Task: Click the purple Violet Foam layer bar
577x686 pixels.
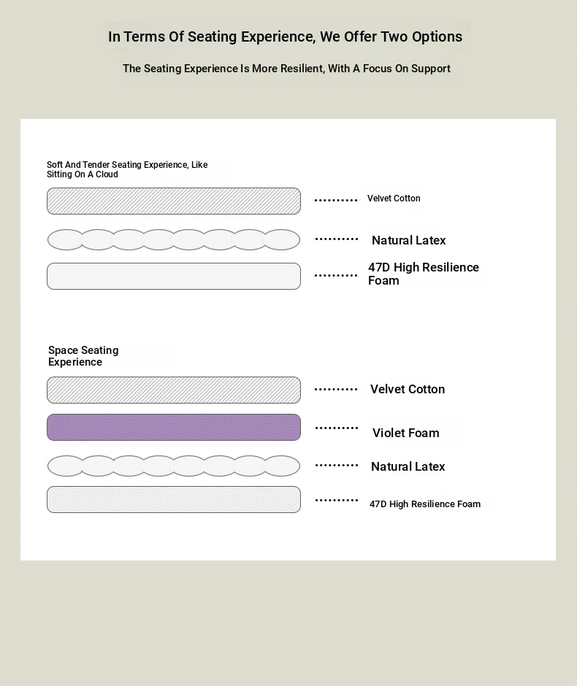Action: pos(174,427)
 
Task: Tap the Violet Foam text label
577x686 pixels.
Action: pos(406,433)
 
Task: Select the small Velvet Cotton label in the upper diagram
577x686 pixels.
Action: pos(394,199)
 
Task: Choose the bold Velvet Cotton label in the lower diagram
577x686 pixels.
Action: pos(408,389)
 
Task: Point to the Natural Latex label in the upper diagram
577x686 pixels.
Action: pos(408,240)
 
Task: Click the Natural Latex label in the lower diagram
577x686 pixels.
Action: pos(408,466)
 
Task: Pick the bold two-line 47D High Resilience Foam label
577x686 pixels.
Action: pos(424,274)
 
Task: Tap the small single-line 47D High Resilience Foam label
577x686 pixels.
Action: pos(424,504)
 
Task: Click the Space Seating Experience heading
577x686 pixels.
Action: pos(83,355)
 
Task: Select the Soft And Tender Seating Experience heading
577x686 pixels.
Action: pos(127,169)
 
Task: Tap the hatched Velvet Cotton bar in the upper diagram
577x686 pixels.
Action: pos(174,201)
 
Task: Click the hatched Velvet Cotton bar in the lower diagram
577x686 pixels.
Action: pos(174,390)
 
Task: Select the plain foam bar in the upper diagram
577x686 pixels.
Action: pos(174,276)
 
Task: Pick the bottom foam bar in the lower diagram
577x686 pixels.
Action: pos(174,499)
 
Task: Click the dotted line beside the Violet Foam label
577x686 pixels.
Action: pos(336,428)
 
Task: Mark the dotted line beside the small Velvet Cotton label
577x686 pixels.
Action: pos(336,200)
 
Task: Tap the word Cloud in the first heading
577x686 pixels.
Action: pos(107,174)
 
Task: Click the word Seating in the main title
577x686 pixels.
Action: pos(213,36)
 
